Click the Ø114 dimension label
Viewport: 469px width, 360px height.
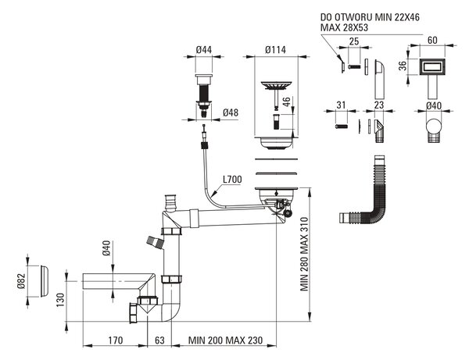275,50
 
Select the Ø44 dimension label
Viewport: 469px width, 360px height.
204,50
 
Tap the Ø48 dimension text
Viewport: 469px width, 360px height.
231,112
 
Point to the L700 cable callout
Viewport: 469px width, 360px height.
232,180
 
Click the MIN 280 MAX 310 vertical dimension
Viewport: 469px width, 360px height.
304,255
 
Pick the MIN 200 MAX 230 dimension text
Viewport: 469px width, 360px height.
226,340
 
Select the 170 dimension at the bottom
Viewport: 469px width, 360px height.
116,340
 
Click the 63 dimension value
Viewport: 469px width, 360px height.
160,340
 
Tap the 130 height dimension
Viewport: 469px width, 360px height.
60,300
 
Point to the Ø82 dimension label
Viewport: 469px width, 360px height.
21,281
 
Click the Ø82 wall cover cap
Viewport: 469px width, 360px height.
44,281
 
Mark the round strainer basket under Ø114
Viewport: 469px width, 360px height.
275,86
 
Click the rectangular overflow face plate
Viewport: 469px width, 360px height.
432,67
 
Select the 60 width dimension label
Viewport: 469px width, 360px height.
432,40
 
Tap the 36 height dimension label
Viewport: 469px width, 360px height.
403,66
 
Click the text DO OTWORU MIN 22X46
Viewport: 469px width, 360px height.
370,17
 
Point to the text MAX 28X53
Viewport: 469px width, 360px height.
344,27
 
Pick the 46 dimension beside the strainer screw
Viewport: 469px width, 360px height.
287,102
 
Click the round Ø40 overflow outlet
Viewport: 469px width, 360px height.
434,127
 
